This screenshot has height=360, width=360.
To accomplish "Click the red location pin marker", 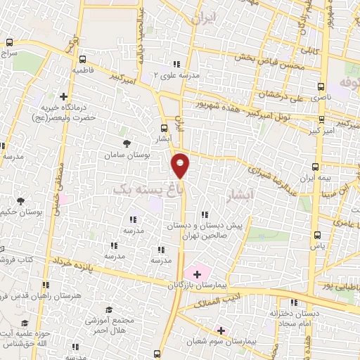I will pyautogui.click(x=181, y=164).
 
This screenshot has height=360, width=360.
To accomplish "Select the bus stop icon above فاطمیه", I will pyautogui.click(x=84, y=60).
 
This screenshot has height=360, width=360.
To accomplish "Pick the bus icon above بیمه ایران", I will pyautogui.click(x=315, y=167).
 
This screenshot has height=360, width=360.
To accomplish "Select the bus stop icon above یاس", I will pyautogui.click(x=318, y=236).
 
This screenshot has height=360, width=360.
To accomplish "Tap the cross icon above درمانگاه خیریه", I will pyautogui.click(x=64, y=96).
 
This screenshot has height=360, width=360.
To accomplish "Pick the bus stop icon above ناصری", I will pyautogui.click(x=321, y=88).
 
